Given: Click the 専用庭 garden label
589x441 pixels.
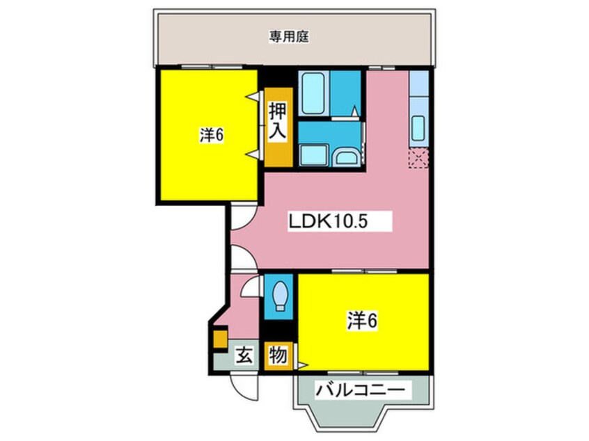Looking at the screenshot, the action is tap(289, 37).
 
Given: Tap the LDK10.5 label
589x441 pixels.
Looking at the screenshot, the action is tap(327, 221).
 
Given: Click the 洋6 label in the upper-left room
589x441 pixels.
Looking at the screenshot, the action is tap(212, 135).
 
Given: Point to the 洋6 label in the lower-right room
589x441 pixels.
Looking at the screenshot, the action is tap(362, 321).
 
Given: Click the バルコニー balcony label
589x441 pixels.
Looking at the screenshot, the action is tap(361, 390).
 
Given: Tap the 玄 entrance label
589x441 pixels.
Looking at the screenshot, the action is tap(244, 355).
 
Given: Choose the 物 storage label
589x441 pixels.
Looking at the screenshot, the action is tap(278, 355).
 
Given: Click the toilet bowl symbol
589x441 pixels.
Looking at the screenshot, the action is tap(279, 296).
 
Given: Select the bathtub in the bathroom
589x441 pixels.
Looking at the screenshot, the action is tap(314, 93).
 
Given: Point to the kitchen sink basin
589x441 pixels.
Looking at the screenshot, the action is tap(418, 127).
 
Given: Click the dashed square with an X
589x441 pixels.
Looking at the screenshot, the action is tap(418, 158).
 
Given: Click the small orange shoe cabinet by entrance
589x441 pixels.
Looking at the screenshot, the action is tap(220, 339).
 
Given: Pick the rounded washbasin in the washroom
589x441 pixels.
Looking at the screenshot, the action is tap(346, 157).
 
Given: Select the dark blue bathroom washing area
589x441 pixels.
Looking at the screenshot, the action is tap(345, 93).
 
